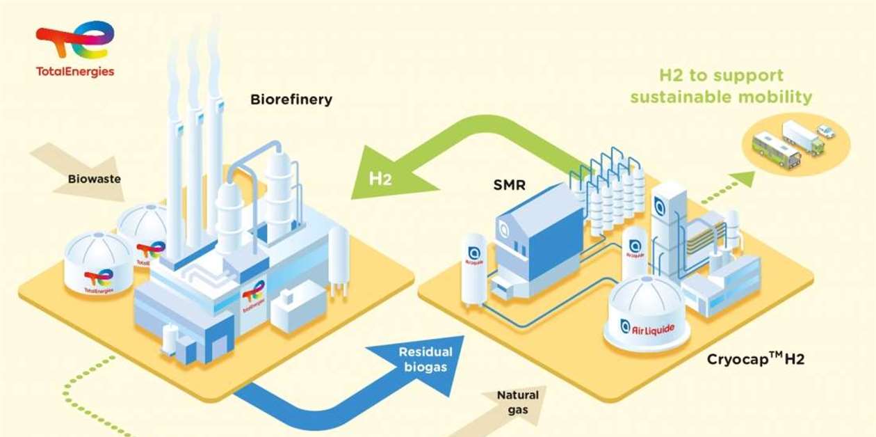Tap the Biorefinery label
click(291, 100)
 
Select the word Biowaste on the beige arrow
click(94, 179)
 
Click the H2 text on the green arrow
click(380, 179)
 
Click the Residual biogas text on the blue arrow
click(425, 359)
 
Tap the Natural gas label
click(517, 402)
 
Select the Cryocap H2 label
click(755, 360)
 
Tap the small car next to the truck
click(825, 131)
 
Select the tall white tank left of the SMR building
click(475, 268)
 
